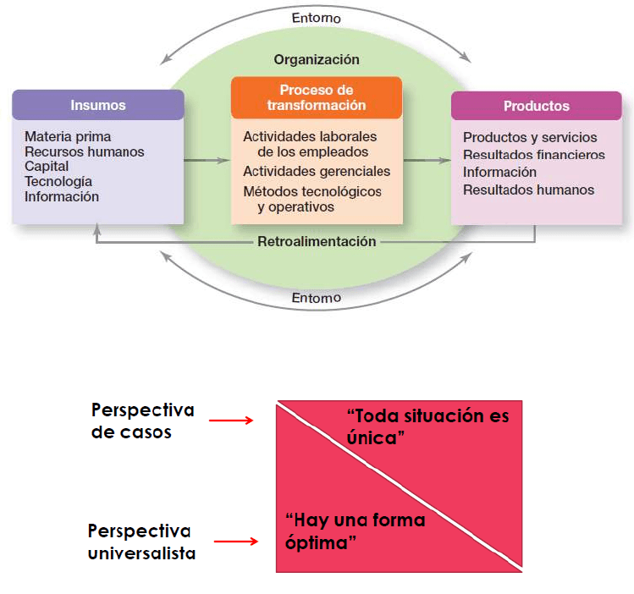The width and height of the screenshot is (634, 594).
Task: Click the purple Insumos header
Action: click(x=98, y=105)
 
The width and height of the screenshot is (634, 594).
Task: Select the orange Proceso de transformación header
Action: click(x=317, y=97)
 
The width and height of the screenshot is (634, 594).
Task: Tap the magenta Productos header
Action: click(x=537, y=106)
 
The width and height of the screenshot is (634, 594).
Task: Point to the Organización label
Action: click(x=317, y=60)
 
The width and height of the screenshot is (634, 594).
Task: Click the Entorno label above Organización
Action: click(x=316, y=17)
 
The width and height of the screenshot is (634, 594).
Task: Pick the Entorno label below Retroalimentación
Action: click(x=316, y=297)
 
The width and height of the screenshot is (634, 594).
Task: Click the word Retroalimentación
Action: click(x=317, y=241)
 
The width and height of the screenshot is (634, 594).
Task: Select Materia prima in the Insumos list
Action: click(x=68, y=136)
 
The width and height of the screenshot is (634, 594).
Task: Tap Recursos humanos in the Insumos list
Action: click(x=85, y=151)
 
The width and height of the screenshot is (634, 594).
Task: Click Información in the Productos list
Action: click(x=499, y=173)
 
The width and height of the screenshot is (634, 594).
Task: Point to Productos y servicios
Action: click(x=530, y=137)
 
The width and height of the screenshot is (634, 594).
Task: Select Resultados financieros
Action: click(x=534, y=155)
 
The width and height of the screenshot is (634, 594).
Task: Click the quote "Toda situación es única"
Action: click(x=429, y=427)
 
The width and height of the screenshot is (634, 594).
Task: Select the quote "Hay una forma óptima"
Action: click(x=356, y=531)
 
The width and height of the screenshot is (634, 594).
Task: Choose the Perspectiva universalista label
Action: click(x=141, y=542)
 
